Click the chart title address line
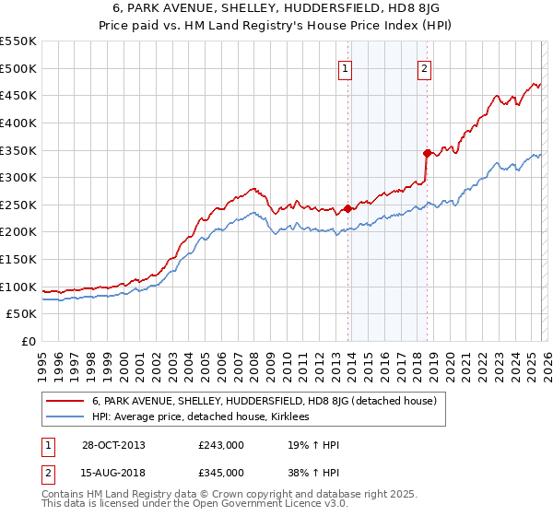click(x=276, y=9)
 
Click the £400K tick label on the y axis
click(x=18, y=123)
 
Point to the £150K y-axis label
click(x=18, y=260)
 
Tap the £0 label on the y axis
click(x=28, y=342)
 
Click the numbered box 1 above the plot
click(x=345, y=67)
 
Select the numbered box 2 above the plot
click(x=424, y=67)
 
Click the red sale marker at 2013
click(x=347, y=208)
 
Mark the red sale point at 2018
click(x=427, y=153)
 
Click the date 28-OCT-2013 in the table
click(x=112, y=445)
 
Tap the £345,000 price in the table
click(x=221, y=472)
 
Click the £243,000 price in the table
click(x=221, y=445)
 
